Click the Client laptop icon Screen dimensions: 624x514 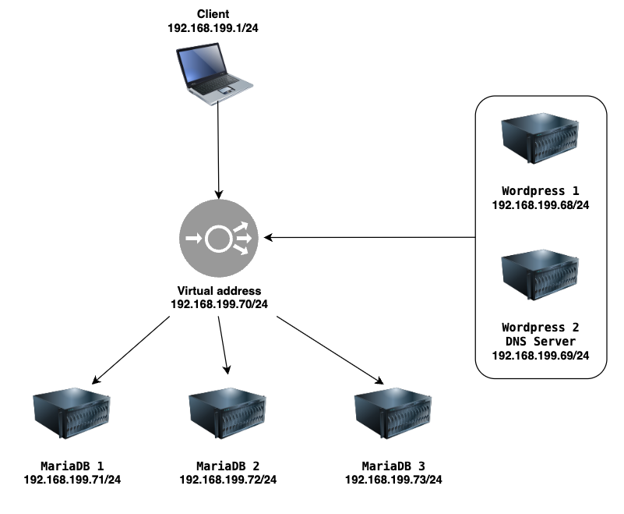coord(214,74)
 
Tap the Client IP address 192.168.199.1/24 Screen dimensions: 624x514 coord(213,28)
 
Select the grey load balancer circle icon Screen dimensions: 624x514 coord(218,238)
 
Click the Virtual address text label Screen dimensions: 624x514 coord(219,290)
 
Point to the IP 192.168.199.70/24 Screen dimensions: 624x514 coord(219,304)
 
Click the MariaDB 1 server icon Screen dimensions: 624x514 coord(71,413)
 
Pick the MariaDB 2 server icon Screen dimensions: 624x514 coord(227,413)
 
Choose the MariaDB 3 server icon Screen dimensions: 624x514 coord(393,413)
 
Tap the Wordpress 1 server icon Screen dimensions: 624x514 coord(540,138)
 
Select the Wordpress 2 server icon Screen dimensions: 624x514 coord(540,275)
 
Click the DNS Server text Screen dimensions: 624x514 coord(541,342)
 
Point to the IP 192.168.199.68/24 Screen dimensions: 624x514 coord(541,205)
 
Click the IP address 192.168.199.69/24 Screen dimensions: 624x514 coord(541,356)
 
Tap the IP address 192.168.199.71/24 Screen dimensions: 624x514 coord(72,480)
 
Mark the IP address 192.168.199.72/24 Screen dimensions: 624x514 coord(228,480)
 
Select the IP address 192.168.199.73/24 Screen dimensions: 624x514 coord(393,480)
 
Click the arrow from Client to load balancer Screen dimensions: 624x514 coord(218,150)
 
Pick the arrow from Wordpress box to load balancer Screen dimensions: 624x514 coord(370,237)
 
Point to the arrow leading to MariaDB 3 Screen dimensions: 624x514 coord(330,350)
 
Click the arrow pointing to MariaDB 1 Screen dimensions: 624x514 coord(131,350)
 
